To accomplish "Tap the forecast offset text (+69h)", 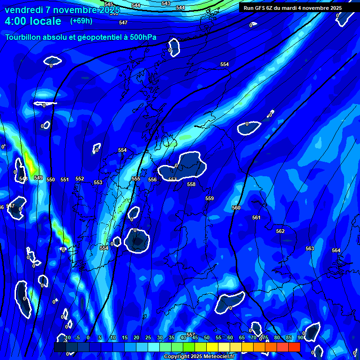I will click(x=81, y=21).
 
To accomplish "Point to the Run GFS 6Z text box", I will click(x=292, y=8).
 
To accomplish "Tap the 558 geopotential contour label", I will click(x=191, y=185).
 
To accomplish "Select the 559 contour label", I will click(x=210, y=199).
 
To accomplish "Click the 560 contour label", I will click(x=236, y=208).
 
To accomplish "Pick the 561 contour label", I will click(x=256, y=217).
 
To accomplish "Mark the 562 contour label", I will click(x=280, y=231).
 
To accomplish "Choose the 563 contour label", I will click(x=310, y=248).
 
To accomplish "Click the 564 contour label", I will click(x=336, y=250).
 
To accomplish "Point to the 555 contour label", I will click(x=136, y=179).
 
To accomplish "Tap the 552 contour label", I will click(x=80, y=179).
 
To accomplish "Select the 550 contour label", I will click(x=51, y=180).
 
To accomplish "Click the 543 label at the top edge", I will click(x=165, y=3).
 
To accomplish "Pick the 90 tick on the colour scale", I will click(x=300, y=337).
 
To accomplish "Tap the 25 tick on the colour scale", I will click(x=148, y=337).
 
